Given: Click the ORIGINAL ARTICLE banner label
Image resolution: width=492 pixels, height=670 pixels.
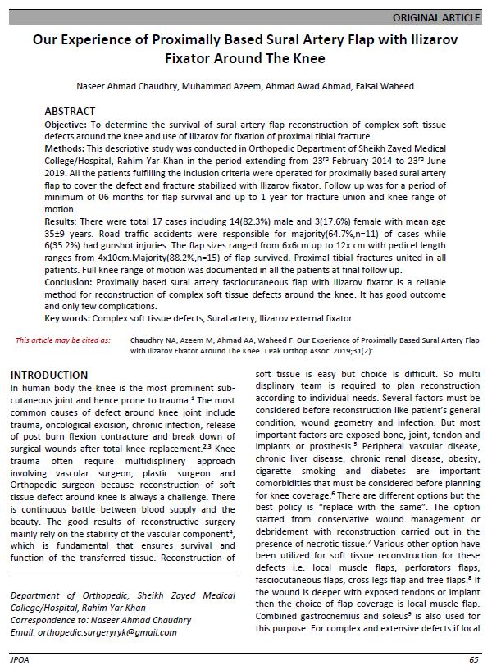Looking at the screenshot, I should pos(436,17).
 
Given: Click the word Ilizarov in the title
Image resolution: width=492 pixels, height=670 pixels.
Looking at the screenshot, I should pos(428,39).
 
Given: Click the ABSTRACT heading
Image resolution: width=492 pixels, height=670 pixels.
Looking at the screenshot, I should pos(70,111).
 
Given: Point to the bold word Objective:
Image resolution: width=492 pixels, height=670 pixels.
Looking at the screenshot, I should pos(69,122).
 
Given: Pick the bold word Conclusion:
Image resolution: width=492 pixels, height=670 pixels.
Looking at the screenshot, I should pos(70,280).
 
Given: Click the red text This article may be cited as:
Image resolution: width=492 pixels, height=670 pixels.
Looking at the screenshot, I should pos(63,338).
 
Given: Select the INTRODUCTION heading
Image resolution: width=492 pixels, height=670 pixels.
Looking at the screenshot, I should pos(49,375).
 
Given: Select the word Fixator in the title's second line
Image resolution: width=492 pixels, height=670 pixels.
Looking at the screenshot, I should pos(200,58).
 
